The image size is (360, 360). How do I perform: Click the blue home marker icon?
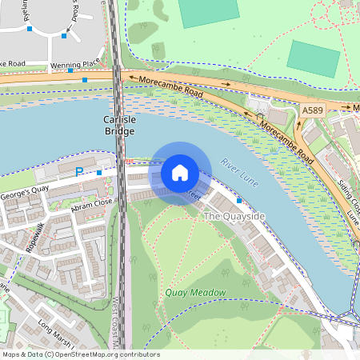pyautogui.click(x=180, y=173)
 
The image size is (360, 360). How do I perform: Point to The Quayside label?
pyautogui.click(x=234, y=217)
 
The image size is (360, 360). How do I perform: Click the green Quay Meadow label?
pyautogui.click(x=196, y=293)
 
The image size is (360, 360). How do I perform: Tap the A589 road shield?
pyautogui.click(x=312, y=109)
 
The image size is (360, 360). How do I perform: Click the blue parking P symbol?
pyautogui.click(x=79, y=172)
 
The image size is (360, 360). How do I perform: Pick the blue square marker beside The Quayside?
pyautogui.click(x=239, y=200)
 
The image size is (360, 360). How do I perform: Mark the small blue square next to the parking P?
pyautogui.click(x=98, y=172)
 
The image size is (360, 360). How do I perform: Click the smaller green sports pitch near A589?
pyautogui.click(x=313, y=58)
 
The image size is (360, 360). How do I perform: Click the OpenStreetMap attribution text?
pyautogui.click(x=80, y=354)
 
